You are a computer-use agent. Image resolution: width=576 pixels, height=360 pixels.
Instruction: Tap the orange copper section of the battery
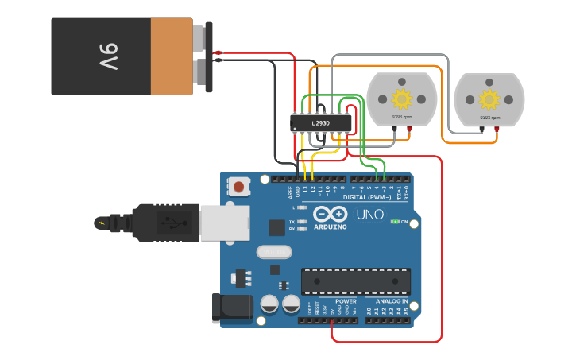[171, 56]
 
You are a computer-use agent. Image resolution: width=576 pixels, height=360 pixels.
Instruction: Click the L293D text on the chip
[320, 123]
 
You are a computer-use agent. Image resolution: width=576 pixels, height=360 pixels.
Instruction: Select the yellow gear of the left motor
[402, 99]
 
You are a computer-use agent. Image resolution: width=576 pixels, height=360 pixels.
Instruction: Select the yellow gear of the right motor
[489, 99]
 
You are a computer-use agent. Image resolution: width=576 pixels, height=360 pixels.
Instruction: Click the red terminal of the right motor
[497, 127]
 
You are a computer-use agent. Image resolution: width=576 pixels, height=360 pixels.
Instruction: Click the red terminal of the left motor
[409, 127]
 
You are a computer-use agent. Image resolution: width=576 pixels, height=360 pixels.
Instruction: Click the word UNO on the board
[369, 215]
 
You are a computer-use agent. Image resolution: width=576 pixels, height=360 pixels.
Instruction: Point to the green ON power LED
[394, 222]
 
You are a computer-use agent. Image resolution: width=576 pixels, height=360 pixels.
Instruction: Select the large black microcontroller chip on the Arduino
[356, 281]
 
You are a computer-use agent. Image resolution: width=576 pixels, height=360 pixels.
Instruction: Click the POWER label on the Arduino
[346, 302]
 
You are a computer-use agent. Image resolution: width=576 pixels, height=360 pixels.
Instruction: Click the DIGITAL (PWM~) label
[366, 198]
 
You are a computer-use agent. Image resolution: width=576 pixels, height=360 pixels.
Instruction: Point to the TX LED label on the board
[292, 221]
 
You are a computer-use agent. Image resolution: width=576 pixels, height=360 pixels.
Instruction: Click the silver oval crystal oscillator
[274, 252]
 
